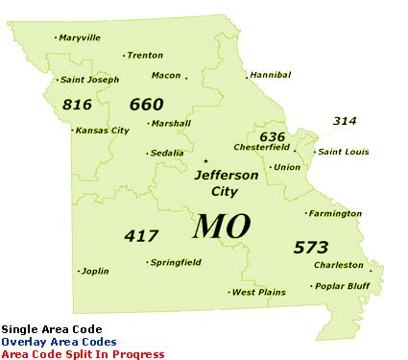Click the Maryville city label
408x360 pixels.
[79, 37]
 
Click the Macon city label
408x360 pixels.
[166, 75]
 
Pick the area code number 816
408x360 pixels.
[76, 103]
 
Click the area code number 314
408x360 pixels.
[346, 121]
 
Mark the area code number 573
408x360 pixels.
[311, 247]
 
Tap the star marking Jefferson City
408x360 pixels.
[205, 160]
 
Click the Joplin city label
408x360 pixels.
[96, 271]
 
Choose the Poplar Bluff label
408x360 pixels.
[343, 286]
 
